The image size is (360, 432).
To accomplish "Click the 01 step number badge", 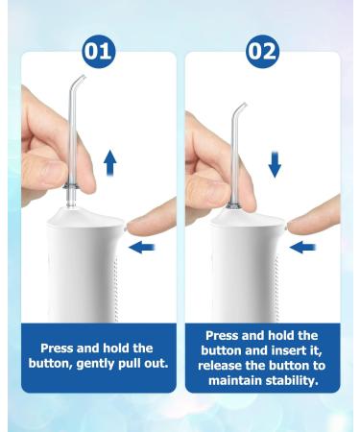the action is coord(99,51).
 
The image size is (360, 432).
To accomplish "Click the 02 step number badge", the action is coord(262,51).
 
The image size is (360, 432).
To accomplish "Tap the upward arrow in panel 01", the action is coord(110,162).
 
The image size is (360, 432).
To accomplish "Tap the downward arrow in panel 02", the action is coord(275,165).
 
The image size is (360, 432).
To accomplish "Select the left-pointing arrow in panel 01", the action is coord(142,248).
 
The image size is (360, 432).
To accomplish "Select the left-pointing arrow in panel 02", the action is coord(302,248).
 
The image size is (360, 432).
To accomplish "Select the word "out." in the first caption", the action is coord(156,363).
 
